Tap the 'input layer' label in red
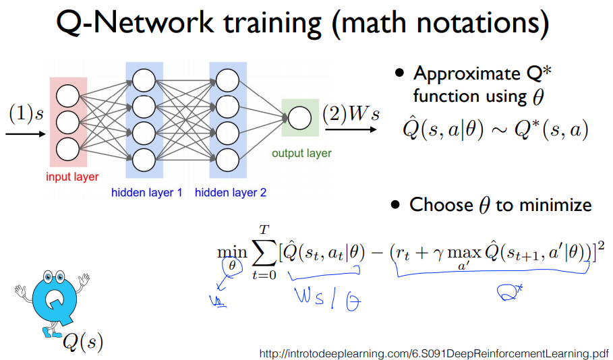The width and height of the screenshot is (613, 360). (x=72, y=177)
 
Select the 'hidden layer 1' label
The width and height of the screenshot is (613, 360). (x=147, y=193)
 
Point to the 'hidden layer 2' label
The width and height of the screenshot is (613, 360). (x=231, y=193)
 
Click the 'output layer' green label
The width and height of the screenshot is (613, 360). (x=301, y=153)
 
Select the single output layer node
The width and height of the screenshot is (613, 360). (x=299, y=119)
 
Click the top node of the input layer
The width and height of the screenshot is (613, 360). (x=68, y=96)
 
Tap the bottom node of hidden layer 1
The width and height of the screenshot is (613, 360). (x=144, y=158)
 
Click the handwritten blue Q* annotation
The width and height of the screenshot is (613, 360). (x=506, y=291)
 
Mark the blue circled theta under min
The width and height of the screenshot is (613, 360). (x=233, y=266)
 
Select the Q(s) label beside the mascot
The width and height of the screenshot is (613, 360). (x=83, y=342)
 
